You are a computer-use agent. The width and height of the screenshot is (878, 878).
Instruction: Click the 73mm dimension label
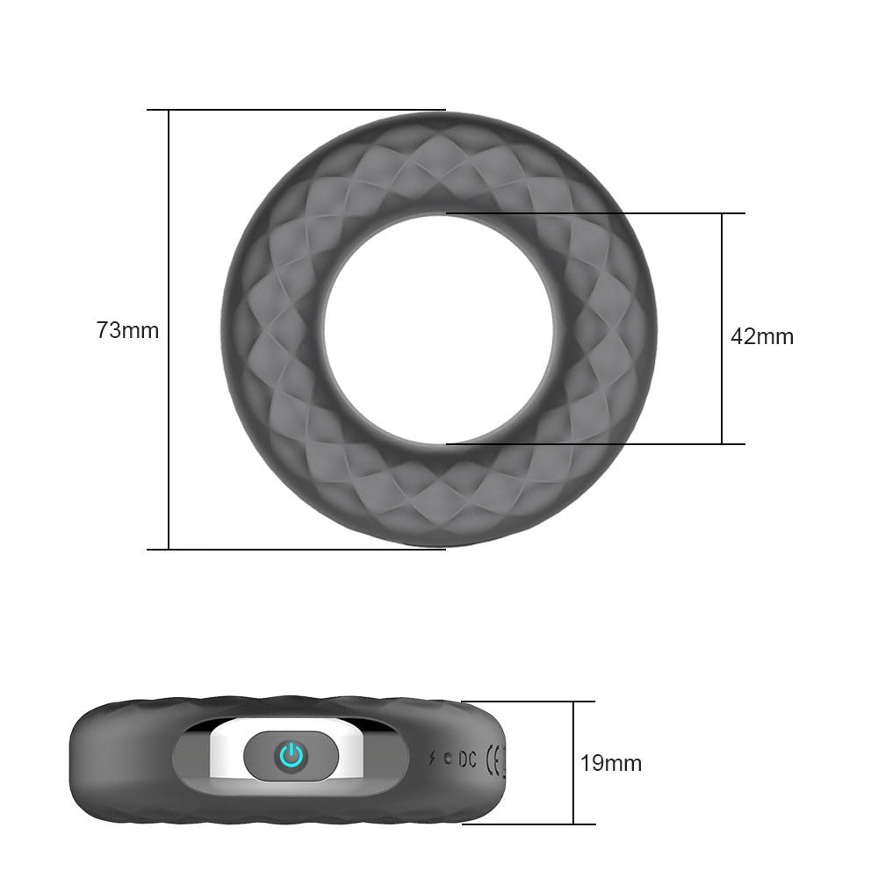click(x=127, y=331)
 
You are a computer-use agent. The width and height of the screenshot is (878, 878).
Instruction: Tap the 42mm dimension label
click(x=761, y=336)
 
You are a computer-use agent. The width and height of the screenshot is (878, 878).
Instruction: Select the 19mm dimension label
click(x=610, y=763)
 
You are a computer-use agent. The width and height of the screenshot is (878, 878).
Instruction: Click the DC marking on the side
click(x=467, y=759)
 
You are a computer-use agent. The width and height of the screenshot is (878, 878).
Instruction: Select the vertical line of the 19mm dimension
click(x=573, y=720)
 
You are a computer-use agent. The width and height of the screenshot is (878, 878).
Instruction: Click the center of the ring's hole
click(x=438, y=329)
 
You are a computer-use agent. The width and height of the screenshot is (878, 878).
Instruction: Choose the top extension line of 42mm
click(x=597, y=213)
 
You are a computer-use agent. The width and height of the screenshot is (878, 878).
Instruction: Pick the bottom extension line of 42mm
click(x=597, y=444)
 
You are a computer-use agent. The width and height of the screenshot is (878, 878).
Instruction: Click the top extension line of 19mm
click(x=527, y=702)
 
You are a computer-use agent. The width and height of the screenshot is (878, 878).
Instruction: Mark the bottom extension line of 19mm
click(x=527, y=824)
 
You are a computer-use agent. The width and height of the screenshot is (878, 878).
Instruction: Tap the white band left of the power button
click(x=227, y=755)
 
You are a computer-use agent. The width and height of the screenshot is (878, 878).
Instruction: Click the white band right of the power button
click(x=351, y=755)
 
